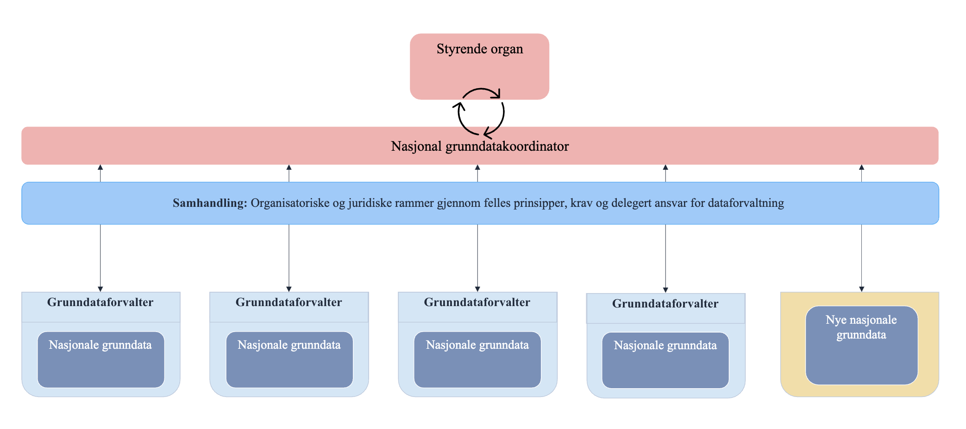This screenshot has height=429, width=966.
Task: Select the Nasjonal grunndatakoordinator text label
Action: (x=480, y=147)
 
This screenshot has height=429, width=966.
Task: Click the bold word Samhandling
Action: (x=210, y=203)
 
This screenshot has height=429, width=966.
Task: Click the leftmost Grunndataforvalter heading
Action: (x=100, y=303)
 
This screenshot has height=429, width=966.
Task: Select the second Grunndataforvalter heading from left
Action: (x=289, y=303)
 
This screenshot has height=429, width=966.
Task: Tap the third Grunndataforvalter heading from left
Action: (x=477, y=303)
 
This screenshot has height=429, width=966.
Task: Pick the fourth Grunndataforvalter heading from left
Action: (x=665, y=304)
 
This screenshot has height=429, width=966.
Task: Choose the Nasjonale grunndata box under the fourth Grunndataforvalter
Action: (x=665, y=360)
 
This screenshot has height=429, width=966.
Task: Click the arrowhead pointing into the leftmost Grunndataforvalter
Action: (x=100, y=289)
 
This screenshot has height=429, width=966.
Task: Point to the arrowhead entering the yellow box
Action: (x=861, y=289)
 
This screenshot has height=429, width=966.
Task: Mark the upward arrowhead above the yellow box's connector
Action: (x=861, y=167)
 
